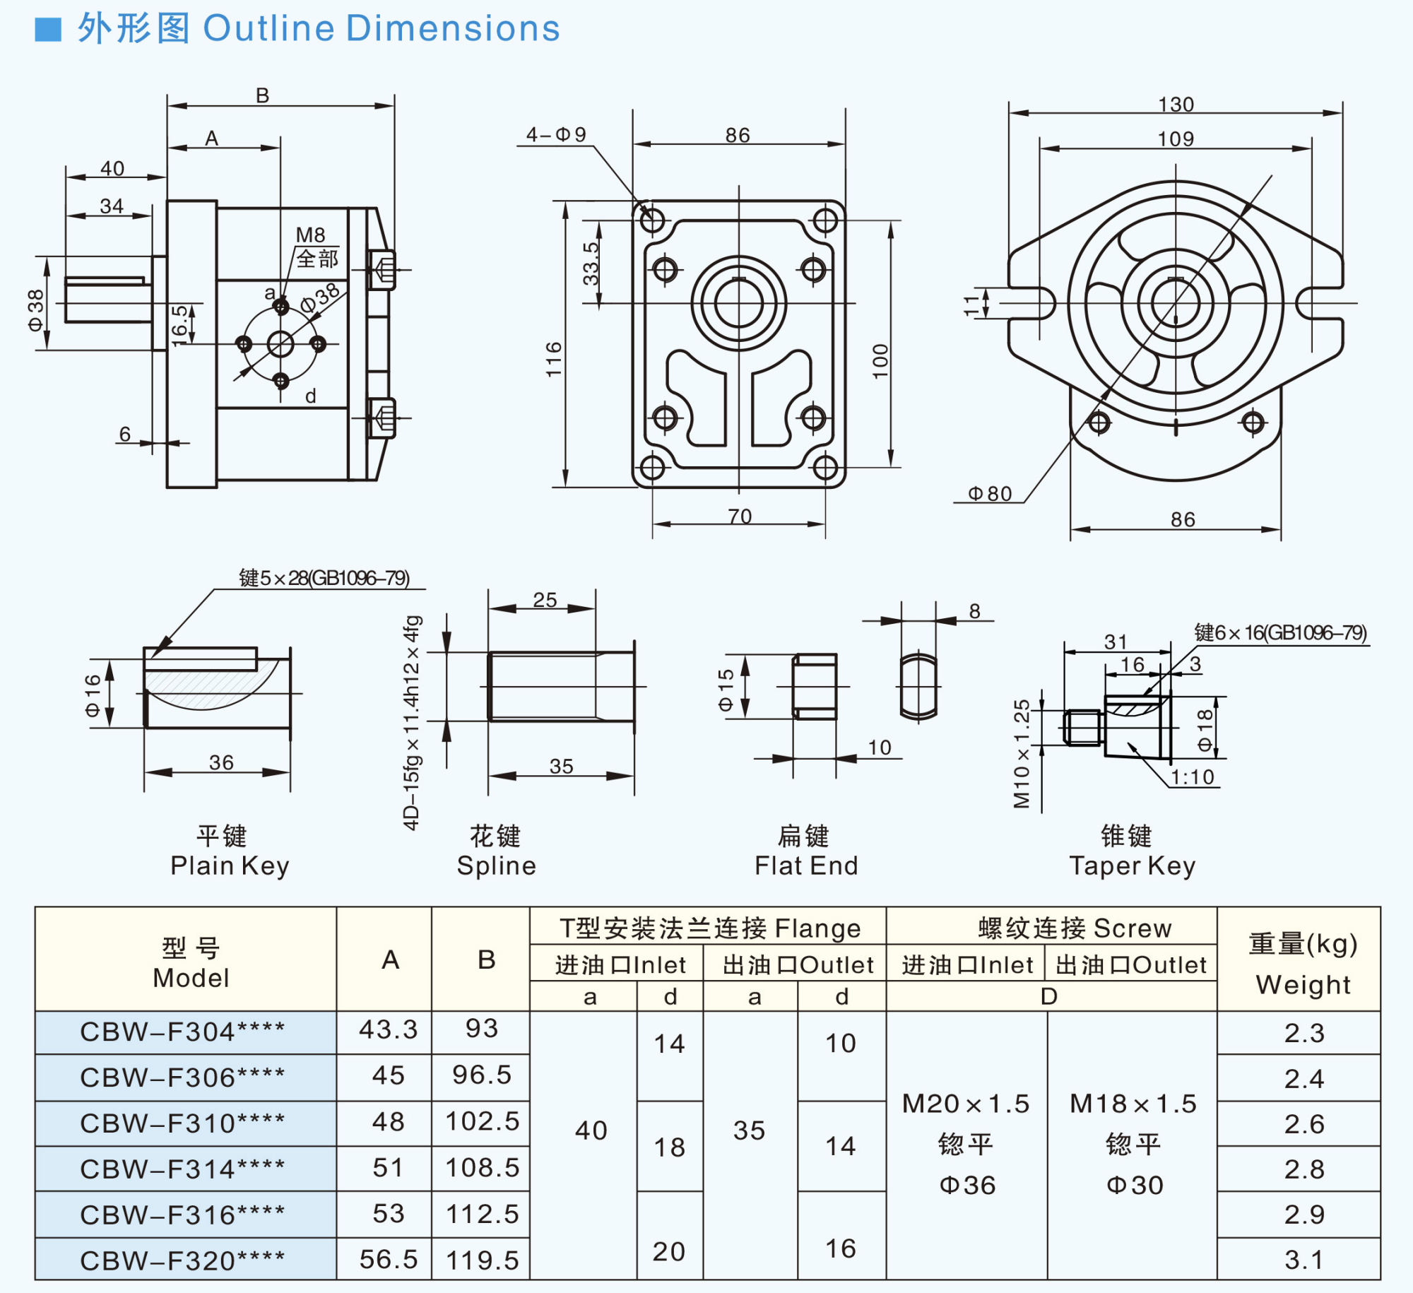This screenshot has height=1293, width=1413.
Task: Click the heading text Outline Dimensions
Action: tap(382, 29)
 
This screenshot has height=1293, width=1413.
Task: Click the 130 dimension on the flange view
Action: tap(1176, 105)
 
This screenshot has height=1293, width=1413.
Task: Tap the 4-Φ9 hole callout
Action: tap(556, 134)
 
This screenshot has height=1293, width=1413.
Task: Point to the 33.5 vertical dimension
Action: tap(591, 264)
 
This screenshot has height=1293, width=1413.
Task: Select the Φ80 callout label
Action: tap(990, 493)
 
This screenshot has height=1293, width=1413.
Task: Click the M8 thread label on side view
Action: tap(310, 235)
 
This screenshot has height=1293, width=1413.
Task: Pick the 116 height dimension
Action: tap(554, 359)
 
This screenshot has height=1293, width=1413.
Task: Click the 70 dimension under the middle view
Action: tap(740, 516)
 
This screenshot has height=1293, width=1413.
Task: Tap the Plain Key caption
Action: tap(230, 866)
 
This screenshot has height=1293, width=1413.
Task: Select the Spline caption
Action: tap(497, 866)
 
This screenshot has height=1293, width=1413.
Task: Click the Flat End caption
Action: tap(806, 866)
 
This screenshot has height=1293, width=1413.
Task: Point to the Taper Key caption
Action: tap(1132, 866)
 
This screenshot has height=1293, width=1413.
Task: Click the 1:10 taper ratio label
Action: tap(1193, 777)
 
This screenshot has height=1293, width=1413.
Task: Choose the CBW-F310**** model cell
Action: tap(182, 1123)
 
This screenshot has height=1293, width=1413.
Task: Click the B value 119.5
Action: tap(482, 1260)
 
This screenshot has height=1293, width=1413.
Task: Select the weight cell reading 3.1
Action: tap(1303, 1259)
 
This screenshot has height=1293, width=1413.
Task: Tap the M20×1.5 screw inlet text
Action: tap(966, 1104)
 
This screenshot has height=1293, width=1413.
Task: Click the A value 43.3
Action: tap(388, 1029)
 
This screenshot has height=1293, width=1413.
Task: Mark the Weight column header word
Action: tap(1303, 984)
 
